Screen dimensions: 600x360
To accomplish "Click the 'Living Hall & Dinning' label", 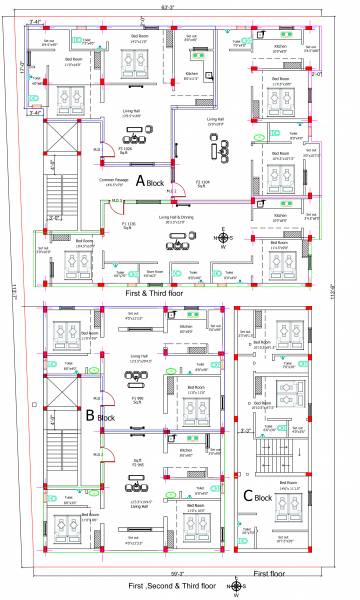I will [x=179, y=217].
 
